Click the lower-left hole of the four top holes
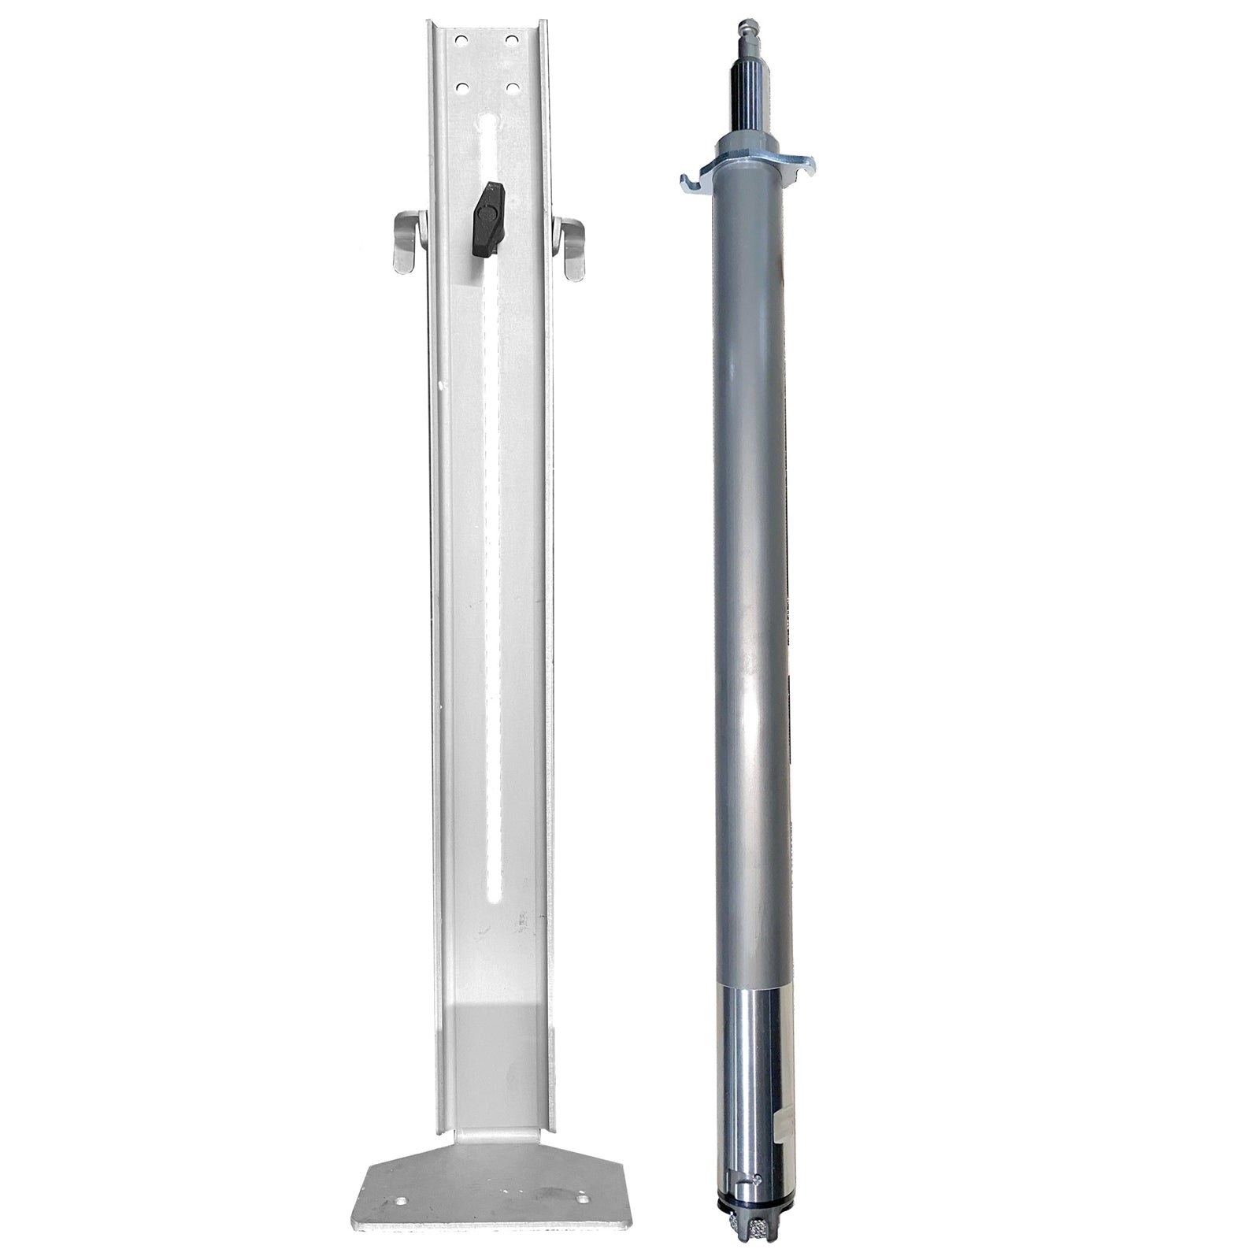pos(461,87)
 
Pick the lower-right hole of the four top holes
pos(512,87)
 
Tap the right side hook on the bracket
pos(572,248)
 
